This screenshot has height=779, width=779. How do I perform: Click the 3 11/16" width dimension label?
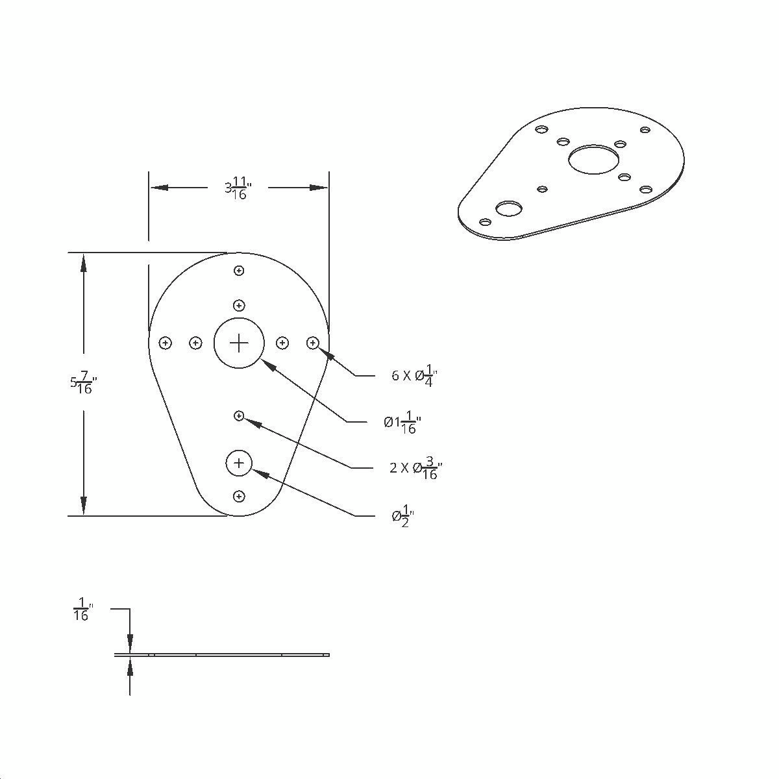click(x=238, y=189)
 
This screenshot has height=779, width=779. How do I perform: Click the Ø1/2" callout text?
click(x=403, y=517)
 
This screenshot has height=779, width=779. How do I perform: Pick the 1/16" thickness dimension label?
click(x=82, y=610)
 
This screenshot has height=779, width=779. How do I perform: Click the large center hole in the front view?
click(x=239, y=343)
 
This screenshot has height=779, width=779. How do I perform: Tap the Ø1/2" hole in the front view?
click(x=239, y=463)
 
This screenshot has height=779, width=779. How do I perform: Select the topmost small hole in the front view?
click(x=239, y=271)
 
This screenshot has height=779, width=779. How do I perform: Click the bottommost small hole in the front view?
click(x=239, y=497)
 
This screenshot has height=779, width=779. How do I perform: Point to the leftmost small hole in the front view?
click(x=166, y=343)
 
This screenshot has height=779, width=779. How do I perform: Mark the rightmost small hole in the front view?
click(x=313, y=342)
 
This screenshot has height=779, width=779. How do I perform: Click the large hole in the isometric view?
click(x=593, y=159)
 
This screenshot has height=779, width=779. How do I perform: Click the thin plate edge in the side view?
click(x=221, y=654)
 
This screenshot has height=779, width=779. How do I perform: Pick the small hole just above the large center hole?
click(x=239, y=305)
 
